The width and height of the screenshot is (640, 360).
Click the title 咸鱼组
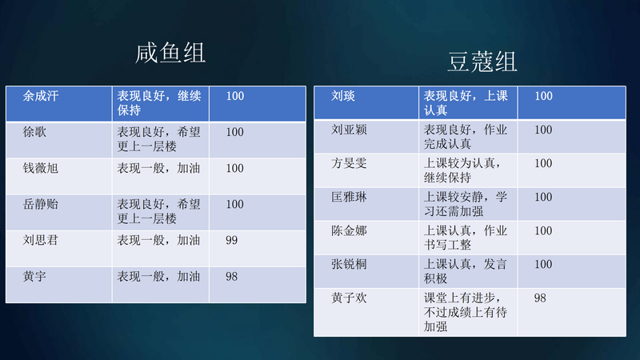click(170, 53)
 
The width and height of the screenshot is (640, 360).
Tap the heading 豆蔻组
click(482, 62)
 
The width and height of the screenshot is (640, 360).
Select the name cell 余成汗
click(41, 96)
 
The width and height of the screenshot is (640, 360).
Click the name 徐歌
click(34, 132)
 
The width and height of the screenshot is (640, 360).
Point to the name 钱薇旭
click(41, 168)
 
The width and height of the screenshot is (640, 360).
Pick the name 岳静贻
click(41, 204)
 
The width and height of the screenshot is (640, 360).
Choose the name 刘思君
click(41, 240)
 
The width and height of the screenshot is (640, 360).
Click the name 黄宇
click(34, 276)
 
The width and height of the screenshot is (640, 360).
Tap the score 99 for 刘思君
click(232, 240)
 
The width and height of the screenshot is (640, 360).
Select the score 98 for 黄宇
click(232, 276)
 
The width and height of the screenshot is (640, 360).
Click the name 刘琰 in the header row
click(343, 96)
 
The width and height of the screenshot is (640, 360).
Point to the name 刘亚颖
click(350, 130)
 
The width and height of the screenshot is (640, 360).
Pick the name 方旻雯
click(350, 163)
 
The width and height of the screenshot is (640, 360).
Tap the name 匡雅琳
click(350, 197)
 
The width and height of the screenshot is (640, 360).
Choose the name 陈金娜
click(350, 230)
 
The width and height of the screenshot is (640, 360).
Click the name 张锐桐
click(350, 264)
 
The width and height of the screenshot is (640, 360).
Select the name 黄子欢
click(350, 298)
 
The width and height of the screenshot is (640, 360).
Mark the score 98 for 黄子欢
click(541, 298)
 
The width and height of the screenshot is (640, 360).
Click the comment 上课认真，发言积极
click(466, 271)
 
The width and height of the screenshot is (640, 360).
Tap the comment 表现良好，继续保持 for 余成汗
click(159, 103)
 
